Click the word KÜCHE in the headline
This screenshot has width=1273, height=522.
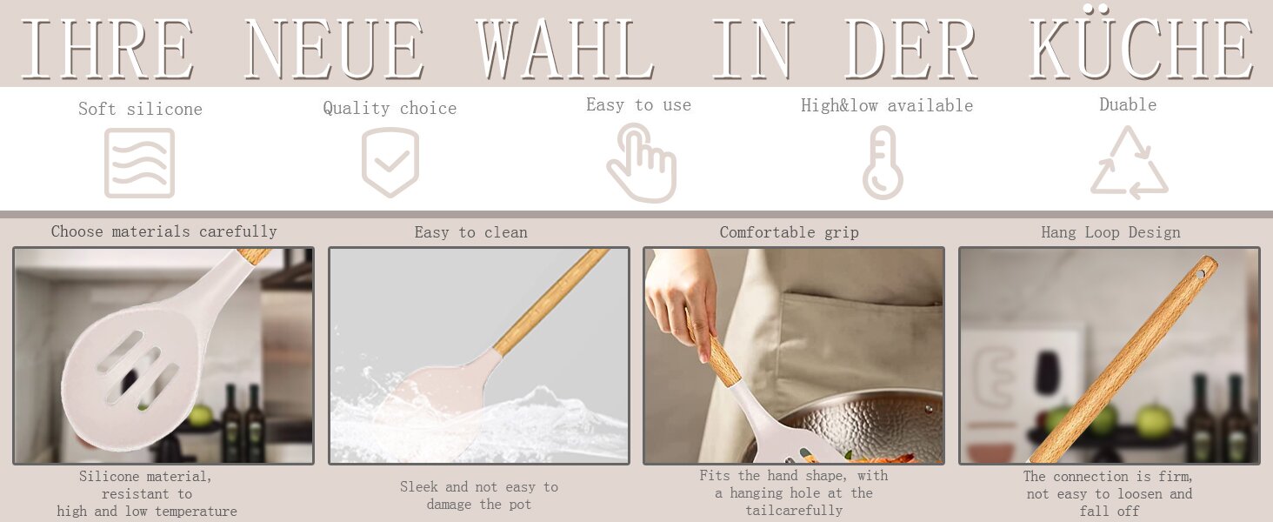[1142, 50]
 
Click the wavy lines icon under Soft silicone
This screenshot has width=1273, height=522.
[139, 163]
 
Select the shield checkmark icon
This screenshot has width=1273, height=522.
[390, 163]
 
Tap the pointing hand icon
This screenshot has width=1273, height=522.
[642, 164]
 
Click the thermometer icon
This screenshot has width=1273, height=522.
[883, 163]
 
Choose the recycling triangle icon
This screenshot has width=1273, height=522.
[1129, 163]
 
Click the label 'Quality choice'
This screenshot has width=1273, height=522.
[390, 108]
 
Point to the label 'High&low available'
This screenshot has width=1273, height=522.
[886, 105]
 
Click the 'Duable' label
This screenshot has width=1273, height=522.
[1127, 104]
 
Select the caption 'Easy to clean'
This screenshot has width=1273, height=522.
[470, 232]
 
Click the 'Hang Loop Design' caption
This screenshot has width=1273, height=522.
[1110, 232]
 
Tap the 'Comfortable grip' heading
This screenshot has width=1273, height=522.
[789, 232]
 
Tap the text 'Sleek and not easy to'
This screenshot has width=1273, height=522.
[478, 486]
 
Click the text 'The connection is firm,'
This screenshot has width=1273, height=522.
[1108, 476]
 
